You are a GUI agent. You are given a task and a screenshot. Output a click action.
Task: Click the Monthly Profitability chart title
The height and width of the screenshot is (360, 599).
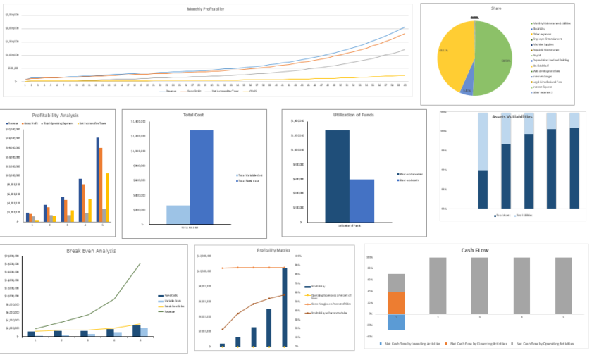(206, 9)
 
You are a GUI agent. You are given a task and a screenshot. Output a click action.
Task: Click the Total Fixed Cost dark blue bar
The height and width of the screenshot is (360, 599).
(201, 176)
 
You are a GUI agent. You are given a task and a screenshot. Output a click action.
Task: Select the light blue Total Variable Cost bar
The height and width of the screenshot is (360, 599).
(178, 214)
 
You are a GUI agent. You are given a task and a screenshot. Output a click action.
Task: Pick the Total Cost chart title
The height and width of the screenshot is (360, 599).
(193, 114)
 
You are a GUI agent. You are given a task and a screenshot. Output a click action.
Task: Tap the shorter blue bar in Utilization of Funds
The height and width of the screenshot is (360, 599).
(362, 200)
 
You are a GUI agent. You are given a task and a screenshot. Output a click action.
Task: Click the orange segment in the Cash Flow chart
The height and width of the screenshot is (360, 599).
(396, 303)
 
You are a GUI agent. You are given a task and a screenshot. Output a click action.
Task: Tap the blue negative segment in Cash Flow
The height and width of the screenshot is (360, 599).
(396, 321)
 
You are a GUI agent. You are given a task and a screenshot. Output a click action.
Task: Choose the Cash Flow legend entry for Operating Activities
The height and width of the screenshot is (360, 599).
(544, 343)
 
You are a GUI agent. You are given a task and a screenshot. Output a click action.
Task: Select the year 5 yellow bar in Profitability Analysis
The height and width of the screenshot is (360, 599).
(107, 197)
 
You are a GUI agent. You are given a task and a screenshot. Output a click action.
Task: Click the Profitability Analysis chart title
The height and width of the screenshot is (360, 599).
(55, 115)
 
